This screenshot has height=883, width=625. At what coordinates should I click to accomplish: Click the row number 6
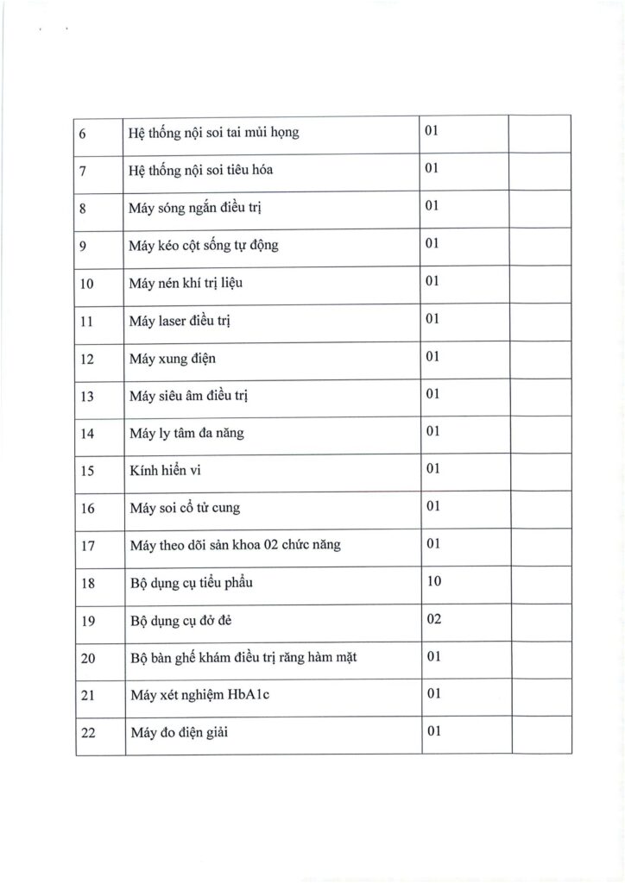point(83,134)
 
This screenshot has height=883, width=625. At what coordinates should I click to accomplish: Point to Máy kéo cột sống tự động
point(203,246)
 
